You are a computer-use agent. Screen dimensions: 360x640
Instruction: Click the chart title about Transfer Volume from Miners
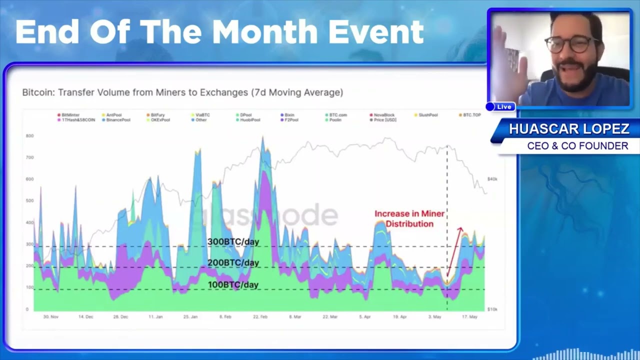tap(182, 92)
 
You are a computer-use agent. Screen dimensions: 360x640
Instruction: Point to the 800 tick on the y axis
tap(29, 136)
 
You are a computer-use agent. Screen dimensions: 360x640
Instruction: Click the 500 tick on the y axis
tap(29, 201)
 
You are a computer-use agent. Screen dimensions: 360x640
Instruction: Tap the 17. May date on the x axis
tap(469, 317)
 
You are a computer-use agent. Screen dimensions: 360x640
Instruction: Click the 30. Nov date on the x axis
tap(51, 317)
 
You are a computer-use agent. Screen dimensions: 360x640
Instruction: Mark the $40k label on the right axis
tap(492, 179)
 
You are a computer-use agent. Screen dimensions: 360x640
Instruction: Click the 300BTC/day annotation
tap(233, 242)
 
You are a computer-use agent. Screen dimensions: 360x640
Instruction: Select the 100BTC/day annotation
tap(233, 285)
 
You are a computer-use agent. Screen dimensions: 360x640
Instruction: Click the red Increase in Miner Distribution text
tap(409, 219)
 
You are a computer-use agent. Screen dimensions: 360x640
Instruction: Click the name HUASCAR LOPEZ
tap(568, 129)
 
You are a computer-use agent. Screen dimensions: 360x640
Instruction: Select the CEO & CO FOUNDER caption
tap(577, 146)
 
